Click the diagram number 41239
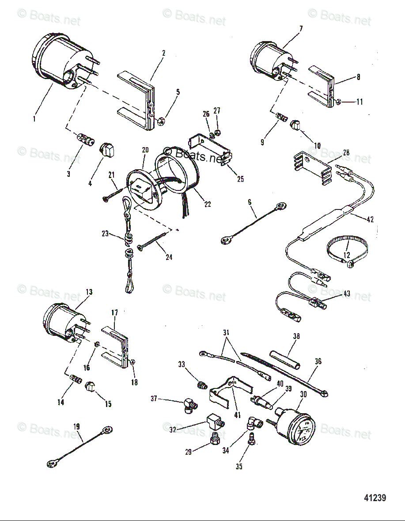point(375,498)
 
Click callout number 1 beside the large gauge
point(34,119)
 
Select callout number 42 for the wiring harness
point(371,219)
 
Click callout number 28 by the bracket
point(346,153)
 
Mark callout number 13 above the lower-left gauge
point(89,292)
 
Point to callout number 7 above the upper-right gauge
point(301,29)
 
